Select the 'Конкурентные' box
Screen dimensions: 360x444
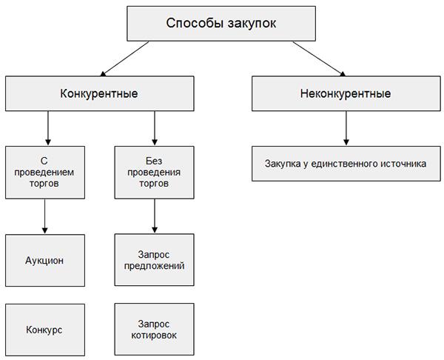[x=98, y=94]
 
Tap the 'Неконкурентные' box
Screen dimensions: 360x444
[x=346, y=94]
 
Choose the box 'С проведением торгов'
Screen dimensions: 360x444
[x=46, y=172]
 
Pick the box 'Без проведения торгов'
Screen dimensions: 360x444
[x=154, y=172]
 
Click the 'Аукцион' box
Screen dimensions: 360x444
[x=46, y=261]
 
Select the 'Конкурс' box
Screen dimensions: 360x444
[x=46, y=330]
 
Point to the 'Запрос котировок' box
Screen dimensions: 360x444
[x=154, y=330]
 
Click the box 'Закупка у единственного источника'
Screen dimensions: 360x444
[x=346, y=164]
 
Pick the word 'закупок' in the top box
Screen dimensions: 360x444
[x=251, y=24]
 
